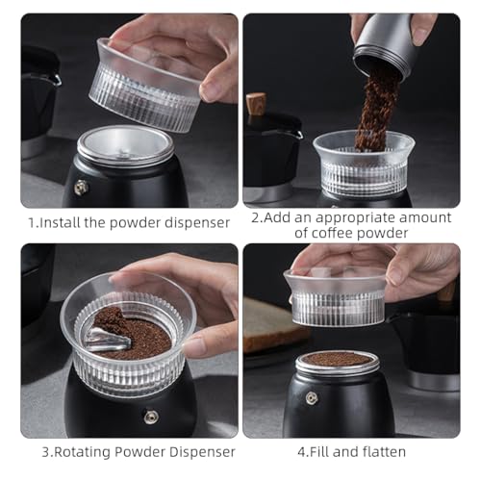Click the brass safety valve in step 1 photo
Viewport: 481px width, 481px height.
(80, 187)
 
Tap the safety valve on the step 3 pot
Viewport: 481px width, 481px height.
(151, 417)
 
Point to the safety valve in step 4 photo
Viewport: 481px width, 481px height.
(311, 397)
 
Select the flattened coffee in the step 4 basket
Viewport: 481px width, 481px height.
(336, 359)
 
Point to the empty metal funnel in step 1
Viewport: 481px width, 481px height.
(124, 147)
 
